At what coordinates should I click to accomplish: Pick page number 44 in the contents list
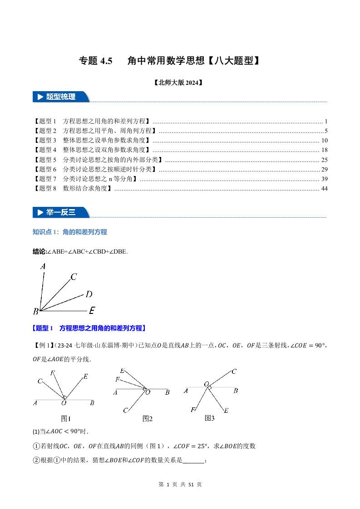pos(324,188)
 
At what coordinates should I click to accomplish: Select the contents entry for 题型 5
pos(99,160)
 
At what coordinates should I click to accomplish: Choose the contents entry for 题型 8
pos(73,188)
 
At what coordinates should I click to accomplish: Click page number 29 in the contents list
pos(324,169)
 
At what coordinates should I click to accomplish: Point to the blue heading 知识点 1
pos(70,232)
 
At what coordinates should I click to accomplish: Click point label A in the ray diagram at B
pos(43,267)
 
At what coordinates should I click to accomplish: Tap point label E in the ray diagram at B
pos(92,311)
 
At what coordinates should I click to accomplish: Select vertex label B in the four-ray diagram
pos(35,311)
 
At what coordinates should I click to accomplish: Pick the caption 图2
pos(148,419)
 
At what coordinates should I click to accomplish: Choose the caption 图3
pos(209,418)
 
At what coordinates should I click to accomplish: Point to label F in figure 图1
pos(53,373)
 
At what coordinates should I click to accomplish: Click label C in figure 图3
pos(234,372)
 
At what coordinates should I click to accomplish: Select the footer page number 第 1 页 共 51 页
pos(180,485)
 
